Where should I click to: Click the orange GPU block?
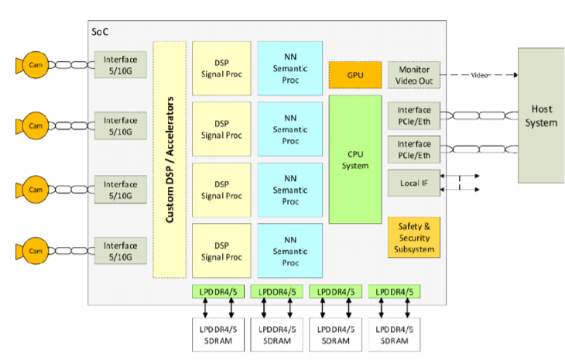point(355,74)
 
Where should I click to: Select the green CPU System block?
point(355,159)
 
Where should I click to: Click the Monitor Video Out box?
point(413,74)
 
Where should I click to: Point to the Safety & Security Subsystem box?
point(413,238)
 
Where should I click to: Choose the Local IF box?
point(413,183)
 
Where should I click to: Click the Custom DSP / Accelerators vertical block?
point(169,159)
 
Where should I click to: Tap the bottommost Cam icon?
point(34,249)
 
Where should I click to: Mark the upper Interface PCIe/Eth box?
point(413,115)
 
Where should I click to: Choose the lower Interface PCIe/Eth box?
point(413,149)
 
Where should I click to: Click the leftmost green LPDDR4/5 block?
point(221,292)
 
